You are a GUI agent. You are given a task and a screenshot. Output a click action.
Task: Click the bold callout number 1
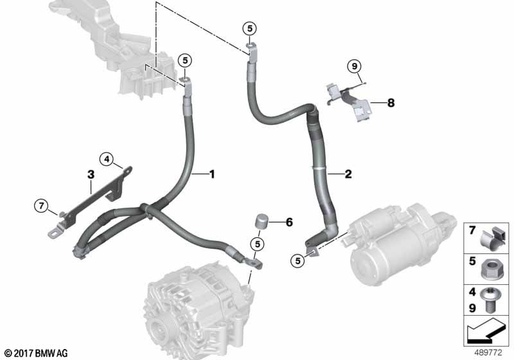tap(212, 174)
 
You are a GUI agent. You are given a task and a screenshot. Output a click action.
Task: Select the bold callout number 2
tap(348, 174)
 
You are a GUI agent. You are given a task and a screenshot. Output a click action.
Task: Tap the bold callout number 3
tap(91, 174)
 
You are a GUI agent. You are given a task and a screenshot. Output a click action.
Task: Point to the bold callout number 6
tap(289, 222)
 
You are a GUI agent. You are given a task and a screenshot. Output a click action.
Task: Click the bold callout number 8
tap(391, 103)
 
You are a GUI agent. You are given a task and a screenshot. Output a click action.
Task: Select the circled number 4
tap(107, 159)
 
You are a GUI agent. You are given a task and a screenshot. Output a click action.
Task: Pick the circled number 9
tap(355, 67)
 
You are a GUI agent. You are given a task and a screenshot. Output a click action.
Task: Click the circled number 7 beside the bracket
tap(41, 206)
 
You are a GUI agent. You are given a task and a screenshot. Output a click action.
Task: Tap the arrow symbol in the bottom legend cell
tap(486, 330)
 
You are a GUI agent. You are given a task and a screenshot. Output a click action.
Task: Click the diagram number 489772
tap(488, 353)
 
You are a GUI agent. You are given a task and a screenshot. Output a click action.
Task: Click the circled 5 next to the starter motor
tap(297, 261)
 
